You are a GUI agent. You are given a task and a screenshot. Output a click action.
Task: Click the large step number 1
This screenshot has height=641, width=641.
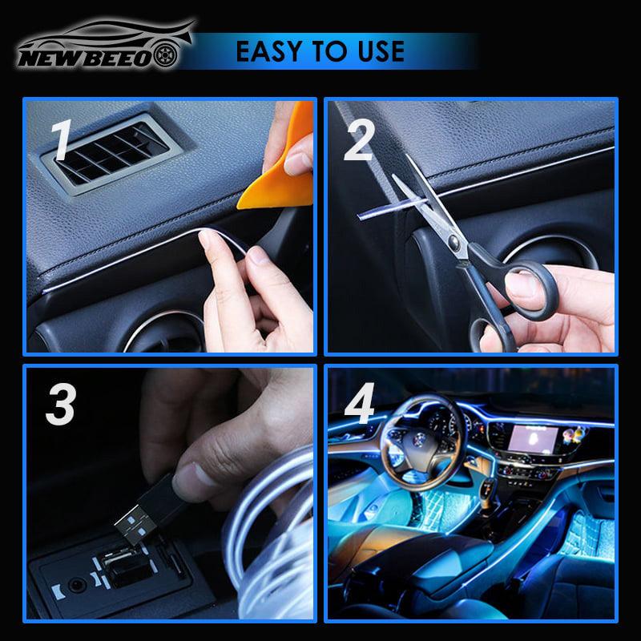coord(62,139)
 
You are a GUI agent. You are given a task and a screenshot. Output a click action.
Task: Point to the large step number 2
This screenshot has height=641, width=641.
coord(359,140)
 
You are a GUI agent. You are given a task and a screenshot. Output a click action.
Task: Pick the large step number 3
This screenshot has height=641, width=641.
coord(61,405)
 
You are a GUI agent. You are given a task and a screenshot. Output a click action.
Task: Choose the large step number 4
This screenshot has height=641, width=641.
coord(359,403)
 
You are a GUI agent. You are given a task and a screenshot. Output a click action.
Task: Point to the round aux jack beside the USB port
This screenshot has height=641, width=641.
coord(76,586)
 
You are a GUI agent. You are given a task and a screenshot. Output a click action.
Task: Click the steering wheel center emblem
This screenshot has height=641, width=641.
coord(417,439)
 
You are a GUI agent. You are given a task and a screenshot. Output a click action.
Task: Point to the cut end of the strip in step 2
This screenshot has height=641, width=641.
coord(360,216)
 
